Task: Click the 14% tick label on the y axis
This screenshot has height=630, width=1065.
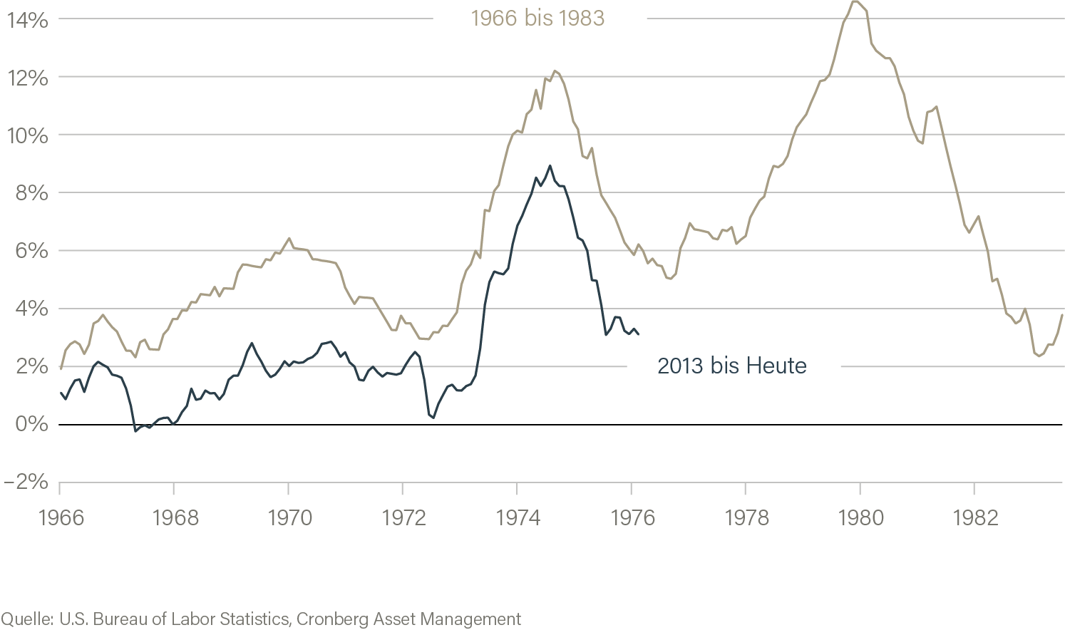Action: (x=27, y=20)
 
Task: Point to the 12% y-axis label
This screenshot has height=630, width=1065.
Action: (x=27, y=78)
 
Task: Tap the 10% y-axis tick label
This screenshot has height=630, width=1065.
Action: (x=27, y=135)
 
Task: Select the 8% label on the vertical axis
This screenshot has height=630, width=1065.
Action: (x=31, y=193)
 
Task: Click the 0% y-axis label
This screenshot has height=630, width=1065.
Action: (x=31, y=424)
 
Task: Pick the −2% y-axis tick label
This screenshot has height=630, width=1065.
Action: (x=26, y=482)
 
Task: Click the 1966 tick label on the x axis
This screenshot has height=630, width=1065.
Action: (x=61, y=517)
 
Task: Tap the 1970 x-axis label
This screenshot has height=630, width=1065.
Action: (x=289, y=517)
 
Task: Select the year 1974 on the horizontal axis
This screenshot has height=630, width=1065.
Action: (x=518, y=517)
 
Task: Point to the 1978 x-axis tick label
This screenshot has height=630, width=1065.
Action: (x=746, y=517)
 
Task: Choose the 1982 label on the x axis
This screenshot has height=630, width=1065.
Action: (x=975, y=517)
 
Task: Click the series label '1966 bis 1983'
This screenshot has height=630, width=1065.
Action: (x=537, y=18)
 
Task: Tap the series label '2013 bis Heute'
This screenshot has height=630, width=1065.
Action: (x=731, y=366)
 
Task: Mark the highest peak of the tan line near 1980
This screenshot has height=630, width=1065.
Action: (x=853, y=1)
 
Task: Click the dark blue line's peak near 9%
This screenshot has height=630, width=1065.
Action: (x=550, y=166)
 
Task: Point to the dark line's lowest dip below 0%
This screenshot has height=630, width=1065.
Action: (x=135, y=430)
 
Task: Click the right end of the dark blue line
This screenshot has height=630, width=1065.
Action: (x=638, y=334)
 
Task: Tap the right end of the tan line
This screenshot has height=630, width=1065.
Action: (x=1062, y=314)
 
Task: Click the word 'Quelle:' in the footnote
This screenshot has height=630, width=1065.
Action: (x=27, y=619)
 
